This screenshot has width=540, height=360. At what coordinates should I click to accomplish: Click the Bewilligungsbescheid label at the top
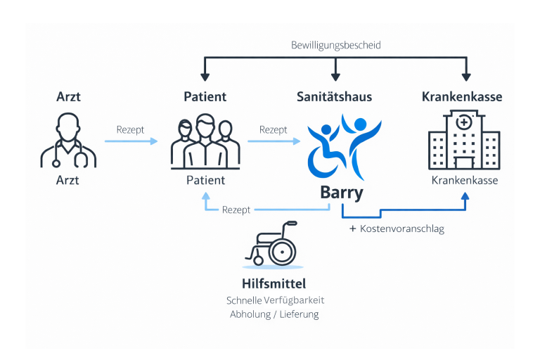coord(335,45)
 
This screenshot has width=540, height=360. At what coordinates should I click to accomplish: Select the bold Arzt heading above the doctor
coord(68,96)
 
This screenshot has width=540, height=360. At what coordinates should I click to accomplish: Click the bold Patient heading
coord(205,96)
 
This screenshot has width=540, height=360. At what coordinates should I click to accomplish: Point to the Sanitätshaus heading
coord(334,96)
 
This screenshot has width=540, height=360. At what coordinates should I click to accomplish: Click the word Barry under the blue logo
coord(341,193)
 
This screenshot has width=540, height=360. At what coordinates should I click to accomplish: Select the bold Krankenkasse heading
coord(462,96)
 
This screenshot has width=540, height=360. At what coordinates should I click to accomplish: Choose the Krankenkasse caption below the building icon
coord(465,180)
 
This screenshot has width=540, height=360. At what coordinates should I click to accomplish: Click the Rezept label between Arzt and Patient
coord(130,130)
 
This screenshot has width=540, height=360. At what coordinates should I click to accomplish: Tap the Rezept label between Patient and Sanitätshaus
coord(273,130)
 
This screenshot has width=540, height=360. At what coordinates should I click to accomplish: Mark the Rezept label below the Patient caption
coord(236,210)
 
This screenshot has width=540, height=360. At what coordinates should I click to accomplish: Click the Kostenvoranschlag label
coord(401,229)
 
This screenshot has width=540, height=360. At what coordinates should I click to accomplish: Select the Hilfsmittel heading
coord(274,284)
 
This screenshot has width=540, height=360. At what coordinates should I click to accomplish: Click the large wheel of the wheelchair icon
coord(283,251)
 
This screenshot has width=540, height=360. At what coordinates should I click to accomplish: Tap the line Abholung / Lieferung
coord(274,314)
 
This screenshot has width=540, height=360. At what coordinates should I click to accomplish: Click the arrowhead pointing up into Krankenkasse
coord(464,198)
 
